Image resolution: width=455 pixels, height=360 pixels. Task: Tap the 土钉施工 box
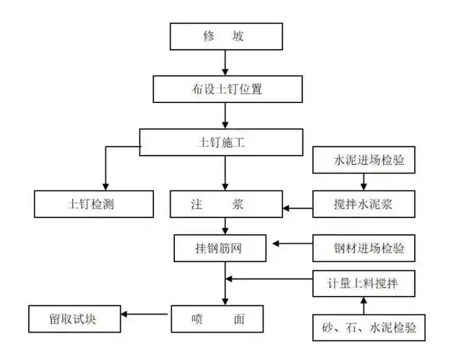pyautogui.click(x=221, y=143)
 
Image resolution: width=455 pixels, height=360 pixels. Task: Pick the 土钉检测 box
pyautogui.click(x=94, y=204)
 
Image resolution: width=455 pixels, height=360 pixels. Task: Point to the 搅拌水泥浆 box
pyautogui.click(x=364, y=204)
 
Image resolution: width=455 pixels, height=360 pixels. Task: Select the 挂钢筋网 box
pyautogui.click(x=220, y=248)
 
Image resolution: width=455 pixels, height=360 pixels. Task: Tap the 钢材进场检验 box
pyautogui.click(x=364, y=248)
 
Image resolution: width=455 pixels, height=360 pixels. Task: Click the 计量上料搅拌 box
pyautogui.click(x=364, y=283)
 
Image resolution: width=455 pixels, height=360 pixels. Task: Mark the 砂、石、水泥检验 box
pyautogui.click(x=364, y=327)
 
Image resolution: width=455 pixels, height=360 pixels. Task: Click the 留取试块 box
pyautogui.click(x=73, y=318)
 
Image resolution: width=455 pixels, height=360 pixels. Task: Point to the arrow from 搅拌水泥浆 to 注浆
pyautogui.click(x=299, y=208)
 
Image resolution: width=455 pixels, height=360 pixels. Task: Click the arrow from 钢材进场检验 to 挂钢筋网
pyautogui.click(x=292, y=245)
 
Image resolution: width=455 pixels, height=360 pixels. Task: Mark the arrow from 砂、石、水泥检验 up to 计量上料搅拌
pyautogui.click(x=364, y=305)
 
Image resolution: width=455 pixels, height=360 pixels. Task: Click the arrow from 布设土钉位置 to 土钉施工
pyautogui.click(x=226, y=115)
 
